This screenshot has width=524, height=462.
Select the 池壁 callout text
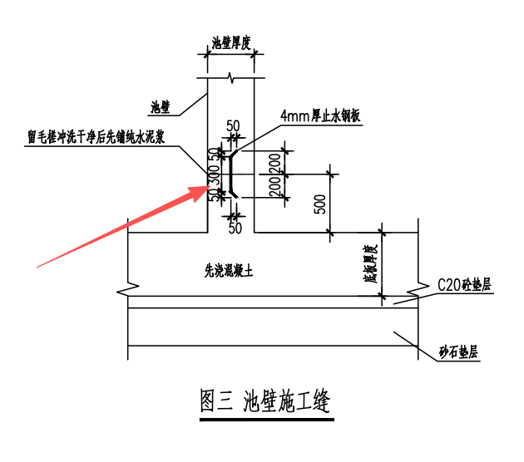pyautogui.click(x=161, y=106)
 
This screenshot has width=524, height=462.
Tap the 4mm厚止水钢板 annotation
pyautogui.click(x=320, y=116)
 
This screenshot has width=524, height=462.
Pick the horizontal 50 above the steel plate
pyautogui.click(x=233, y=125)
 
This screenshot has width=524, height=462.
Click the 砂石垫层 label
pyautogui.click(x=459, y=352)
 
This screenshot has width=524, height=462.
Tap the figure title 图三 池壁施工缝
pyautogui.click(x=266, y=401)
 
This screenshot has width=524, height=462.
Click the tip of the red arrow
pyautogui.click(x=209, y=189)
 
